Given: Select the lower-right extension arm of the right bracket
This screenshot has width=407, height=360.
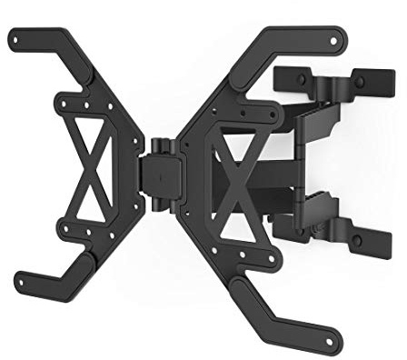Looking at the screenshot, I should (291, 314).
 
